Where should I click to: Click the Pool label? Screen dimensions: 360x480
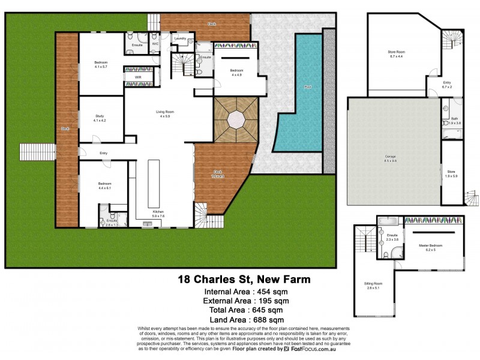(x=308, y=87)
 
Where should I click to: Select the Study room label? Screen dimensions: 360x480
(x=100, y=118)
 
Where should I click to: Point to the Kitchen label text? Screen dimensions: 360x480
(x=158, y=214)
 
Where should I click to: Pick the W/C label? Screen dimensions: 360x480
(x=155, y=44)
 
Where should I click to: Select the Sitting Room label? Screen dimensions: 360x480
(x=373, y=285)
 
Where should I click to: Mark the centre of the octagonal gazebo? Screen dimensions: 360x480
(x=235, y=119)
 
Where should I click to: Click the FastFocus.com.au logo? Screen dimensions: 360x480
(x=308, y=349)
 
